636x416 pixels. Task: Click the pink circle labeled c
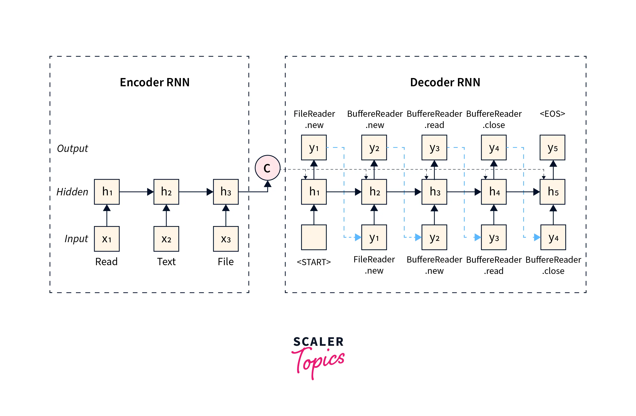pyautogui.click(x=267, y=168)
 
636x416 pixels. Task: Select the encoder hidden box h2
pyautogui.click(x=166, y=192)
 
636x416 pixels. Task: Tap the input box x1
pyautogui.click(x=107, y=239)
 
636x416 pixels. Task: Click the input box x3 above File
pyautogui.click(x=226, y=239)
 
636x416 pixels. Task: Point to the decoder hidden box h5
pyautogui.click(x=552, y=192)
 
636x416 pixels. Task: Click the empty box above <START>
pyautogui.click(x=314, y=237)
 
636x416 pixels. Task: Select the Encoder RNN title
pyautogui.click(x=155, y=82)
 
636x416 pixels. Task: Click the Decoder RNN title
pyautogui.click(x=445, y=82)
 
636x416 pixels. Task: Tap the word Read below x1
pyautogui.click(x=106, y=261)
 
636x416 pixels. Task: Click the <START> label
pyautogui.click(x=314, y=262)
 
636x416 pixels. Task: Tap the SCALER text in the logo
pyautogui.click(x=318, y=342)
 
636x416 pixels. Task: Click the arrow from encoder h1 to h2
pyautogui.click(x=136, y=192)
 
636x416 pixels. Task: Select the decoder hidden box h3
pyautogui.click(x=434, y=192)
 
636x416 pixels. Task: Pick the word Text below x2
pyautogui.click(x=166, y=261)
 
